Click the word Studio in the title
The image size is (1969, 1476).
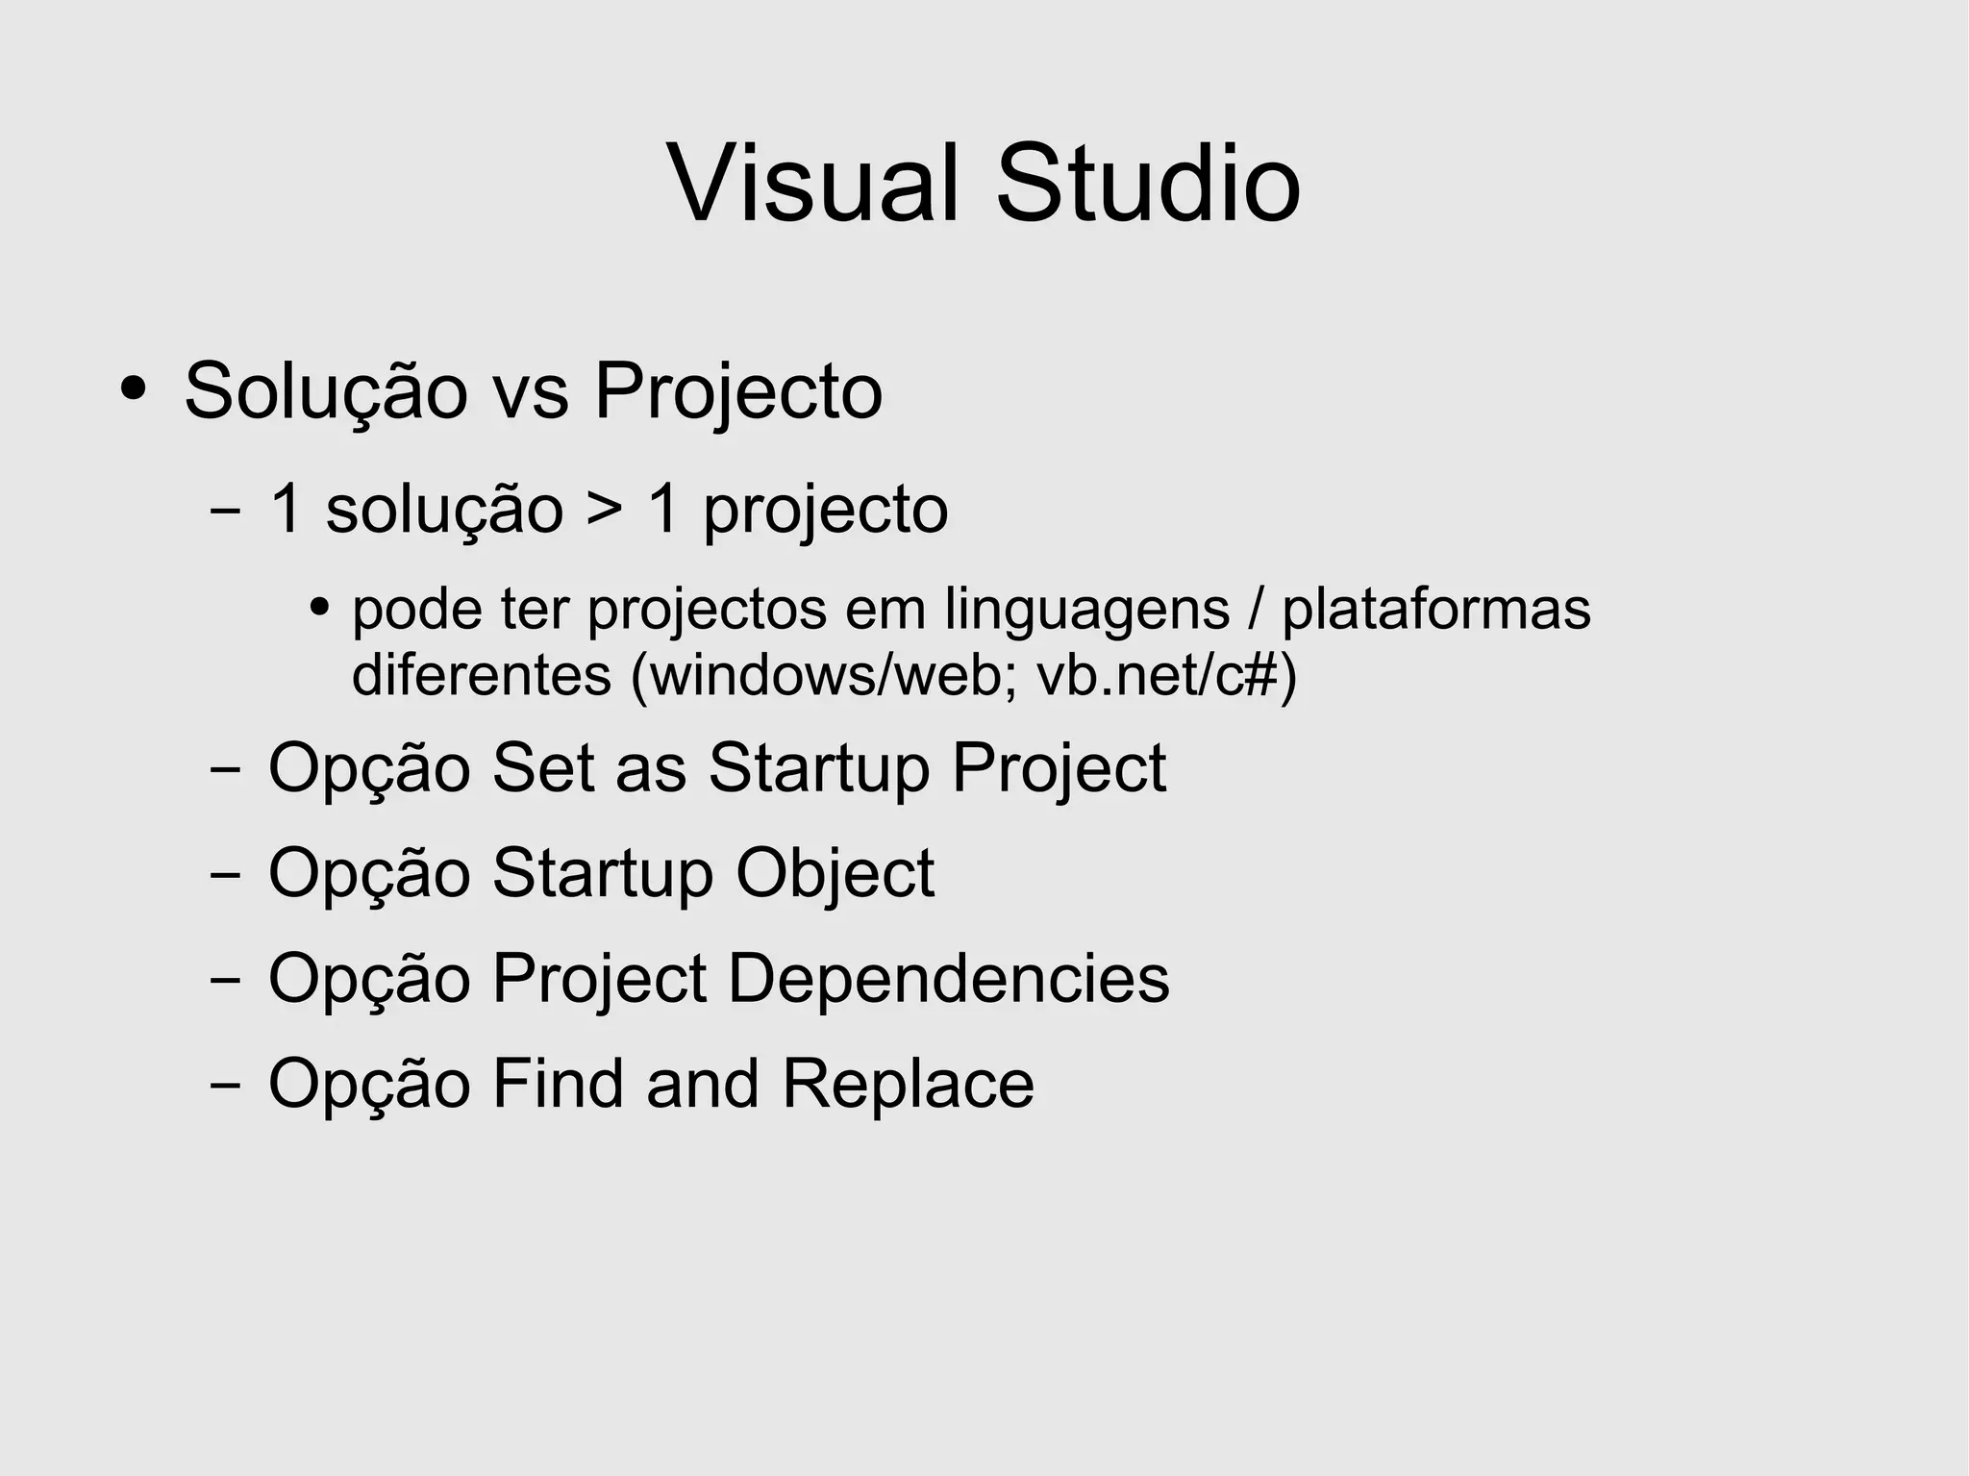(x=1148, y=184)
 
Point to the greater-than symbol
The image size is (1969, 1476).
(x=605, y=510)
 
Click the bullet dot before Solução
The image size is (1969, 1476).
(x=133, y=389)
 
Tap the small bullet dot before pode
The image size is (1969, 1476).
(x=319, y=608)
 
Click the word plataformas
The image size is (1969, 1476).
(x=1436, y=610)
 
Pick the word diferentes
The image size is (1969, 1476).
(x=481, y=675)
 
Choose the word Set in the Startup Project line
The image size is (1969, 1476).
(x=542, y=768)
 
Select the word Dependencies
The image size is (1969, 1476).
(x=948, y=980)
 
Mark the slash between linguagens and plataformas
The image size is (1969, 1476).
(x=1256, y=610)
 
